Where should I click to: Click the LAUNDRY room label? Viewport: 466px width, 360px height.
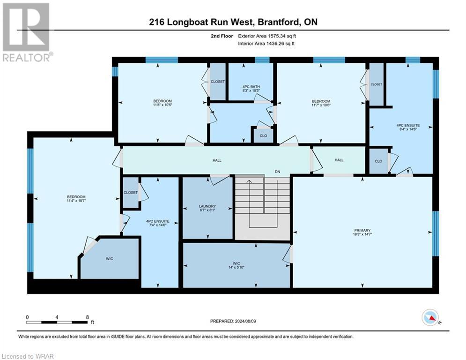(x=207, y=206)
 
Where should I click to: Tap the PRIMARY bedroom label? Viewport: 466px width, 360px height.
(x=362, y=230)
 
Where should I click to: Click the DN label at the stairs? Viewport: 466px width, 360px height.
(x=277, y=172)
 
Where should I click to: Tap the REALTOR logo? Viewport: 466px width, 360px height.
(x=26, y=32)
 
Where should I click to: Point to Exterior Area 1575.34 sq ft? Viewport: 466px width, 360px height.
(x=267, y=36)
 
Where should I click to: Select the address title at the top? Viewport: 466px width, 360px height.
(x=233, y=22)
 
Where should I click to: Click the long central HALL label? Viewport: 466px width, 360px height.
(x=217, y=160)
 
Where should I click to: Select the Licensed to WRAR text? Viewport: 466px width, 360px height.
(x=29, y=356)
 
